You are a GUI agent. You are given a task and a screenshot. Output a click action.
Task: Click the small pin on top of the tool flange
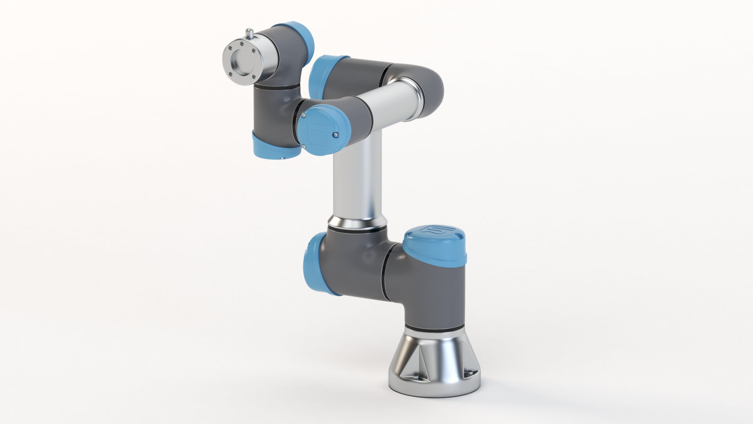click(249, 33)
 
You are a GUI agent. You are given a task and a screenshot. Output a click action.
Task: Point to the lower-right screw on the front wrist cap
click(335, 135)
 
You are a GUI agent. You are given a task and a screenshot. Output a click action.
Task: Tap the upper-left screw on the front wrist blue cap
click(304, 115)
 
